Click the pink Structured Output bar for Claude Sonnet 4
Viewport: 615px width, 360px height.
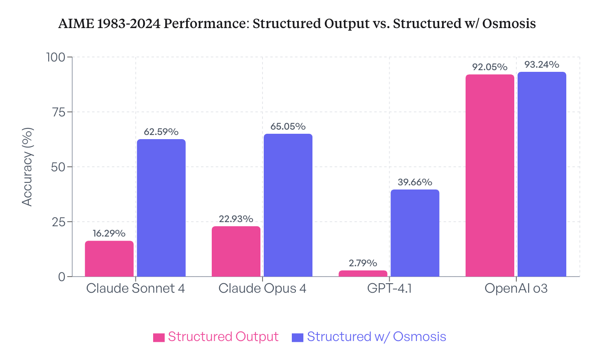[109, 259]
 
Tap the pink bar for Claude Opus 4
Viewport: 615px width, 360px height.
[236, 251]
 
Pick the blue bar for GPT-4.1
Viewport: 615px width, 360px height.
[414, 233]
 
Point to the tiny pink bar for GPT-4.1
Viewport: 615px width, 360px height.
[363, 274]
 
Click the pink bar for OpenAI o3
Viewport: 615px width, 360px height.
[490, 175]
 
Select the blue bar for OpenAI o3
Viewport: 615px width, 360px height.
[542, 174]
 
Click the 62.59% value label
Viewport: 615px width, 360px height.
[161, 132]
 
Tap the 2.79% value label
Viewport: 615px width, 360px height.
[363, 263]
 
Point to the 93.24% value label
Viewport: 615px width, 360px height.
[542, 65]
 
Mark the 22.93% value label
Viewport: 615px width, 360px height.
[236, 219]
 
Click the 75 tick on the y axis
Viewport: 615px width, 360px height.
[59, 112]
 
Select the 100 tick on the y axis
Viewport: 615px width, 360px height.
[56, 57]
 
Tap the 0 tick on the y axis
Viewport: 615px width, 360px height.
[62, 277]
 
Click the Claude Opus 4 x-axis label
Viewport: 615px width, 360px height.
[262, 289]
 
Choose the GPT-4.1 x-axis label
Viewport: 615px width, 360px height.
[389, 289]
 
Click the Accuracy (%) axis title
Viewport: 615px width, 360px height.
[27, 167]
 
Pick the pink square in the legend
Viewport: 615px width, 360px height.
[159, 337]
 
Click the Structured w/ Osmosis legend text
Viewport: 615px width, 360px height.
[376, 337]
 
